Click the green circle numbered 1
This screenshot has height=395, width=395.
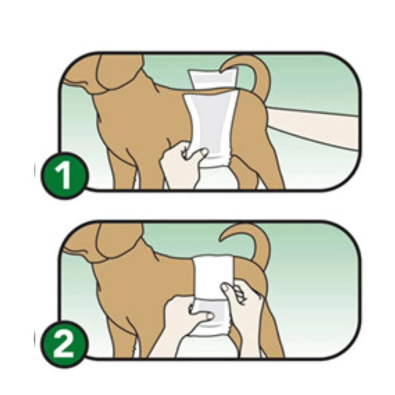[65, 176]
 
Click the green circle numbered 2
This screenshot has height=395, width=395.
[65, 345]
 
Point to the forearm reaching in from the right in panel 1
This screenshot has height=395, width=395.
[312, 126]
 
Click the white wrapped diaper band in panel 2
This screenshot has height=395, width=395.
[214, 277]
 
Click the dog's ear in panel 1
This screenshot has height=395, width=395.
[118, 73]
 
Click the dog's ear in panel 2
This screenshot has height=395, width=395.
[118, 242]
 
